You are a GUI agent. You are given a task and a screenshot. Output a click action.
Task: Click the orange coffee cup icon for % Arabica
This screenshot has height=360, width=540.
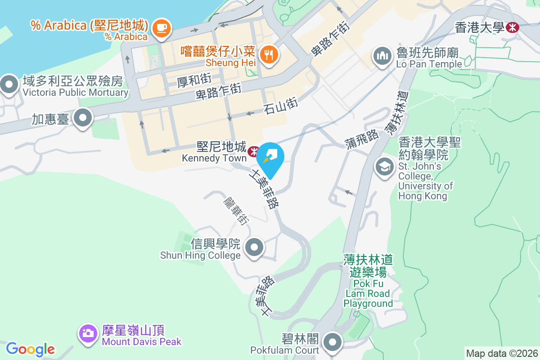[161, 28]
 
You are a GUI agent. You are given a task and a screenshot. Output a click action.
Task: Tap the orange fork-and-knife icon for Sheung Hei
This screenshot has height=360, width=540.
[269, 55]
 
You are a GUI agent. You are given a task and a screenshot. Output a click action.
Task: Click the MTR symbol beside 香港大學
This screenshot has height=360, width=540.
[512, 27]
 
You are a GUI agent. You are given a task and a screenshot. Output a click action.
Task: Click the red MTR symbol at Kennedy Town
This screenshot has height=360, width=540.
[253, 149]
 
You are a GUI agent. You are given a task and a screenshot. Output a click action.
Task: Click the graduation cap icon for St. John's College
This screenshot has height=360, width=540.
[384, 167]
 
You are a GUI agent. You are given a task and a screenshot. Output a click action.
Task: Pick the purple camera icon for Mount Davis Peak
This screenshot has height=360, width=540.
[88, 333]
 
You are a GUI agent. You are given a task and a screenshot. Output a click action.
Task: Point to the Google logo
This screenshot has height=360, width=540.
[30, 349]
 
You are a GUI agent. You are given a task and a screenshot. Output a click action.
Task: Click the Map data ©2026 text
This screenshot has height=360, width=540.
[502, 353]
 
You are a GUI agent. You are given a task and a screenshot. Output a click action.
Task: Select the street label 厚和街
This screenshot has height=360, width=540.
[194, 81]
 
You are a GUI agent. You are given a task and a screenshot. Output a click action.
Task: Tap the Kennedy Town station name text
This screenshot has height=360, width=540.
[215, 158]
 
